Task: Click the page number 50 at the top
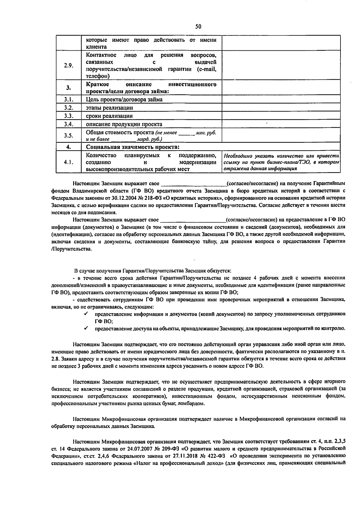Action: coord(198,26)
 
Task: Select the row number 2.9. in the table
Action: coord(69,65)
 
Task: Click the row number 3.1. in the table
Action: coord(69,99)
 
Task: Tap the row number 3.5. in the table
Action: coord(69,136)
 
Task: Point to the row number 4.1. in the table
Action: coord(69,162)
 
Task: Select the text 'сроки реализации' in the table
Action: coord(109,116)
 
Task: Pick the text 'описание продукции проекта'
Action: coord(124,124)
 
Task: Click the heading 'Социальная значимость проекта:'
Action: coord(133,147)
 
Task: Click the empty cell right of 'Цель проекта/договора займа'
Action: coord(281,99)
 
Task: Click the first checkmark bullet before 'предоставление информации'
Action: coord(85,314)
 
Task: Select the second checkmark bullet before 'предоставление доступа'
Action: coord(85,328)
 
